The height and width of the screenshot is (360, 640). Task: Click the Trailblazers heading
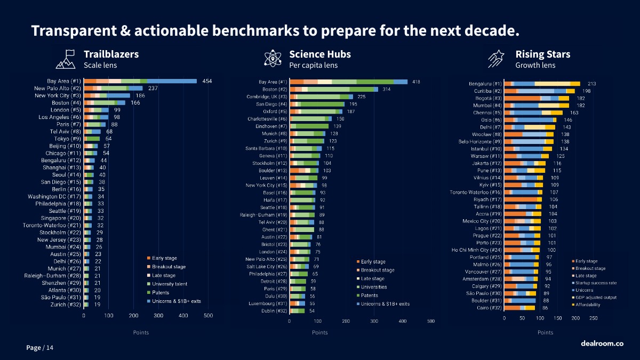point(111,54)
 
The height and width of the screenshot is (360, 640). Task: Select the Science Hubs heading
point(320,54)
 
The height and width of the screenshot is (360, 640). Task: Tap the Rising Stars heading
point(542,54)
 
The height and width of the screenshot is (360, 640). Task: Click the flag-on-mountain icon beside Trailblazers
point(66,59)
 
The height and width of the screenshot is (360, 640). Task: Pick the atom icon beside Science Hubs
point(273,59)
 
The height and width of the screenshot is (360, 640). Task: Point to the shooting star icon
point(497,59)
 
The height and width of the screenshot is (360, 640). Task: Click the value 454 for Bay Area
point(207,81)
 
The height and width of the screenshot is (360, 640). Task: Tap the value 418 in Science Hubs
point(416,82)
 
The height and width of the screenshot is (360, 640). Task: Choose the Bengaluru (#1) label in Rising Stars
point(485,84)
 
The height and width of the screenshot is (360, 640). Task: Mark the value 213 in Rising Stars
point(591,84)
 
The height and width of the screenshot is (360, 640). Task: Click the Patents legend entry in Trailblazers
point(160,292)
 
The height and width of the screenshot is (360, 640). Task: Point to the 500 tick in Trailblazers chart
point(209,316)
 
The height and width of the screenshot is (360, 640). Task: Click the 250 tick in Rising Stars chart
point(593,318)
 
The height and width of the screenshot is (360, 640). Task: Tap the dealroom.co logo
point(602,343)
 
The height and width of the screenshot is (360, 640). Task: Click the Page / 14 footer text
point(40,348)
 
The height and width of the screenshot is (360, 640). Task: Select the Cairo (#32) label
point(489,308)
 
